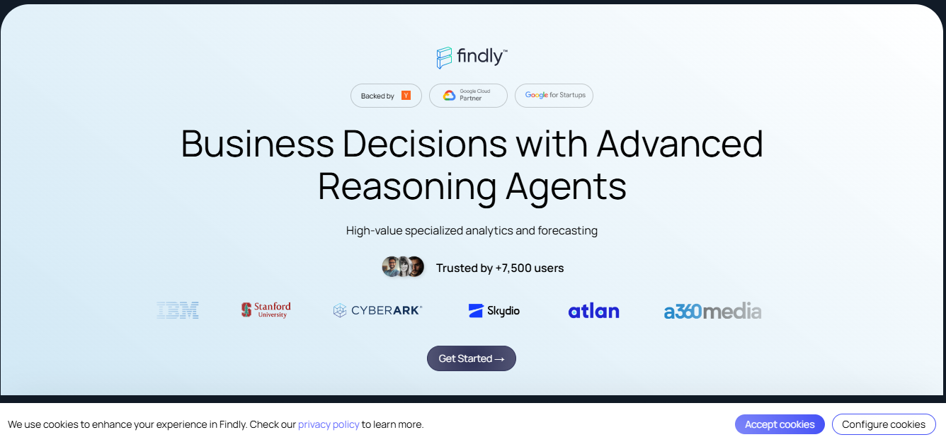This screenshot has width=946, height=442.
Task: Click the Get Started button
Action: pos(472,358)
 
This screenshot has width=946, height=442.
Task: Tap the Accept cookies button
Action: pos(780,424)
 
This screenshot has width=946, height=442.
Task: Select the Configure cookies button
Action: pos(884,424)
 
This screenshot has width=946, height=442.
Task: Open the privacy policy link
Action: pos(329,424)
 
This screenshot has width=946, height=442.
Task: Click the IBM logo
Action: pos(177,310)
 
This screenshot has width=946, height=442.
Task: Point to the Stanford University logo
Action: pos(266,310)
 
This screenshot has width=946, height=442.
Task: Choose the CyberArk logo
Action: pos(377,310)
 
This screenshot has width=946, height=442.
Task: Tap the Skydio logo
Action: pos(494,310)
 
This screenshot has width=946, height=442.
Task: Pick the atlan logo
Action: pos(594,311)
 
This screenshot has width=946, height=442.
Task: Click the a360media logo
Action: pos(712,311)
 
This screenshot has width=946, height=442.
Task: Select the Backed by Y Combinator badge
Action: pos(386,96)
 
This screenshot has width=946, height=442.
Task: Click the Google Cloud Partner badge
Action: pos(468,96)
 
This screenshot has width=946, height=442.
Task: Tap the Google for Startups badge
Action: pos(554,96)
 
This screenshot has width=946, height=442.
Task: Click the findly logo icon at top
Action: pos(444,57)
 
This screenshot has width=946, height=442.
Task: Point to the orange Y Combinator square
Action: pos(406,96)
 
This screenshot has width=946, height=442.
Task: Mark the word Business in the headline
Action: pos(258,144)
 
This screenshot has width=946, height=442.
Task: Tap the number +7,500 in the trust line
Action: pos(513,268)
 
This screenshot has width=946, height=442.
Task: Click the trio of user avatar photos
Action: pos(403,266)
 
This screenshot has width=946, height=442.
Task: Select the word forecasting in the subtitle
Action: pos(567,231)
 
